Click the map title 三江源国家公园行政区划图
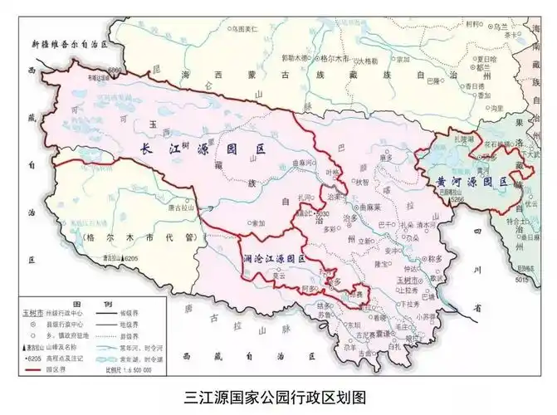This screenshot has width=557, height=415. [279, 396]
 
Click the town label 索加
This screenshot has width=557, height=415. [258, 222]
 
